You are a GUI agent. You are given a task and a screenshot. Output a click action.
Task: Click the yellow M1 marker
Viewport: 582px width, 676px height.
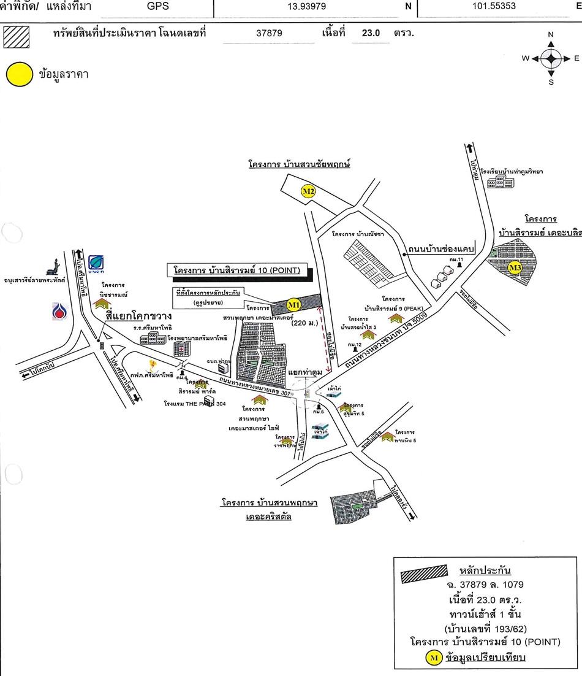293,304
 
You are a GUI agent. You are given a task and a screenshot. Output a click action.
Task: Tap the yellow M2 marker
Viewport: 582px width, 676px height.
308,191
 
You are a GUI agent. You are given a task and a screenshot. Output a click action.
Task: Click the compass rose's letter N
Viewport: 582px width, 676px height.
551,34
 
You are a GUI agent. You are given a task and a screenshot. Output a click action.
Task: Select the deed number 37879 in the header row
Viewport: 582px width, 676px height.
269,33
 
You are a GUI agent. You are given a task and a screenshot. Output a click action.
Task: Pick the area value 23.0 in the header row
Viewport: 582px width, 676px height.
371,33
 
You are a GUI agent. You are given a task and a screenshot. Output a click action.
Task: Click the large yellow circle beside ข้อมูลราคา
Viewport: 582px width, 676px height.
19,74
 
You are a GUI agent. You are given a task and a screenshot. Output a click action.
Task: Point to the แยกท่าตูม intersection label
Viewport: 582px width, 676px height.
305,372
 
